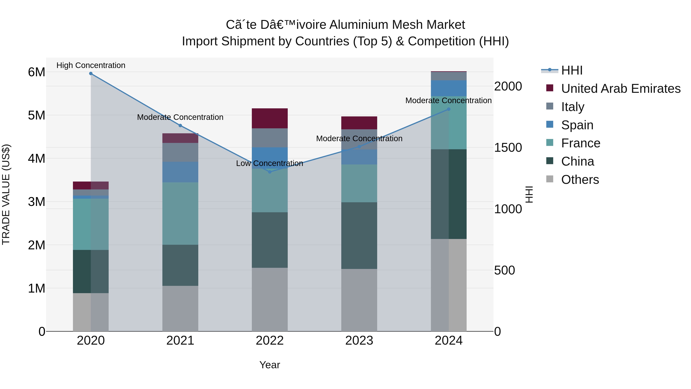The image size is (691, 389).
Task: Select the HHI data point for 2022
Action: tap(270, 172)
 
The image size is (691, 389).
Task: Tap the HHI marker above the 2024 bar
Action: tap(449, 109)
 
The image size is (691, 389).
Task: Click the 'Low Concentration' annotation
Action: tap(270, 163)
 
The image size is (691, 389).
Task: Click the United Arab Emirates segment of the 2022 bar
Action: tap(270, 118)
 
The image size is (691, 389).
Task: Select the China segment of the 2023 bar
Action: tap(359, 236)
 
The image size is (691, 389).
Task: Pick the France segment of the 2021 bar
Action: tap(180, 213)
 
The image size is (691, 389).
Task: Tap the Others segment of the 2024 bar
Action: tap(449, 285)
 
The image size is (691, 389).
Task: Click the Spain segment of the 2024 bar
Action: tap(449, 88)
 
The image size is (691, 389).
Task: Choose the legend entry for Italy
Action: tap(572, 107)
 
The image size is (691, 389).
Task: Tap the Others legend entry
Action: tap(580, 180)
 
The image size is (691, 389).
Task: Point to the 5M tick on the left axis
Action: tap(36, 115)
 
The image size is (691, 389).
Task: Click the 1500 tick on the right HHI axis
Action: tap(508, 148)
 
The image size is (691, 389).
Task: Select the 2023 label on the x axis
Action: tap(359, 341)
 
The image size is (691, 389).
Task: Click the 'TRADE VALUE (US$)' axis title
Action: tap(6, 195)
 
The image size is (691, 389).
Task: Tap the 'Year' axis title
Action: tap(270, 365)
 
